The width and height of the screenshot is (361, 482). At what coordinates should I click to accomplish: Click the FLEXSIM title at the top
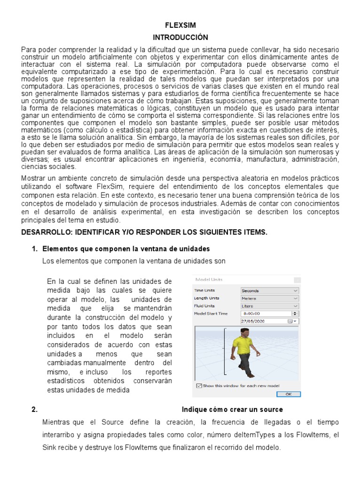click(x=180, y=25)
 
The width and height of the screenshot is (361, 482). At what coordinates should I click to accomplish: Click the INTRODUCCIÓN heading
click(x=180, y=37)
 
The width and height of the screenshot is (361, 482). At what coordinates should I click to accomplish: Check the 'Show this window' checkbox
click(x=199, y=386)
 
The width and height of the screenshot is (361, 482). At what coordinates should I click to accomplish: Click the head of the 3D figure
click(x=244, y=332)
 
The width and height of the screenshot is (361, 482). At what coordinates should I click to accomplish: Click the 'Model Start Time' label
click(x=211, y=313)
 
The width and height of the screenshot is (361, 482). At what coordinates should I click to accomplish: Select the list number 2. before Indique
click(x=34, y=410)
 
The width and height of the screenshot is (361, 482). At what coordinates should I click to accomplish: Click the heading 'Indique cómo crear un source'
click(x=232, y=410)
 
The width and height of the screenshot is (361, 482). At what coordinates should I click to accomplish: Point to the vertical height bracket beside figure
click(x=226, y=350)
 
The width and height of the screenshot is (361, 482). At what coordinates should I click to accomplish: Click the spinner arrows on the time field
click(x=295, y=313)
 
